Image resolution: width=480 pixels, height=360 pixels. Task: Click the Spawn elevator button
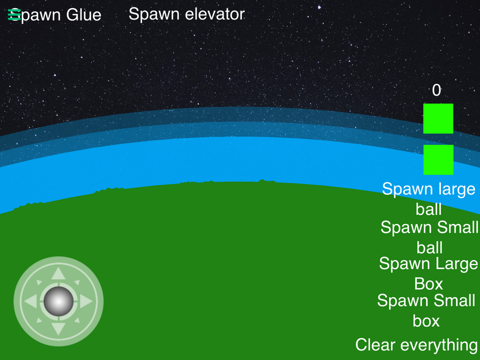(186, 14)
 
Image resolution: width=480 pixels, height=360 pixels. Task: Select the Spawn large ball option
(428, 199)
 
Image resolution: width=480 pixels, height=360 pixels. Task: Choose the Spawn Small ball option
(429, 237)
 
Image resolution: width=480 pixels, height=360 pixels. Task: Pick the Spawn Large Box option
(428, 273)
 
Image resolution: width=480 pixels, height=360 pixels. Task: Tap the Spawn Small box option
(426, 310)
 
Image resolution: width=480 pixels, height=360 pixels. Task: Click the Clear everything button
(416, 345)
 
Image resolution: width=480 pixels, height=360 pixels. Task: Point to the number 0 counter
(436, 90)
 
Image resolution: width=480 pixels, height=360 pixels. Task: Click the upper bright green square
(438, 118)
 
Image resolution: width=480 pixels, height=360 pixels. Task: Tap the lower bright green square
(438, 160)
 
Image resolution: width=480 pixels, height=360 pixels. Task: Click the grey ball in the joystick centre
(58, 301)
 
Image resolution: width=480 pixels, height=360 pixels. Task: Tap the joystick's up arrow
(58, 273)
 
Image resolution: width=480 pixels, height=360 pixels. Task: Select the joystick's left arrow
(30, 301)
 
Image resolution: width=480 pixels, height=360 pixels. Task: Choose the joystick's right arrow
(86, 301)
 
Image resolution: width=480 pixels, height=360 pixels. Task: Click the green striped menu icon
(14, 14)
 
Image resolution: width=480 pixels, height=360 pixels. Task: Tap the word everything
(439, 345)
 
